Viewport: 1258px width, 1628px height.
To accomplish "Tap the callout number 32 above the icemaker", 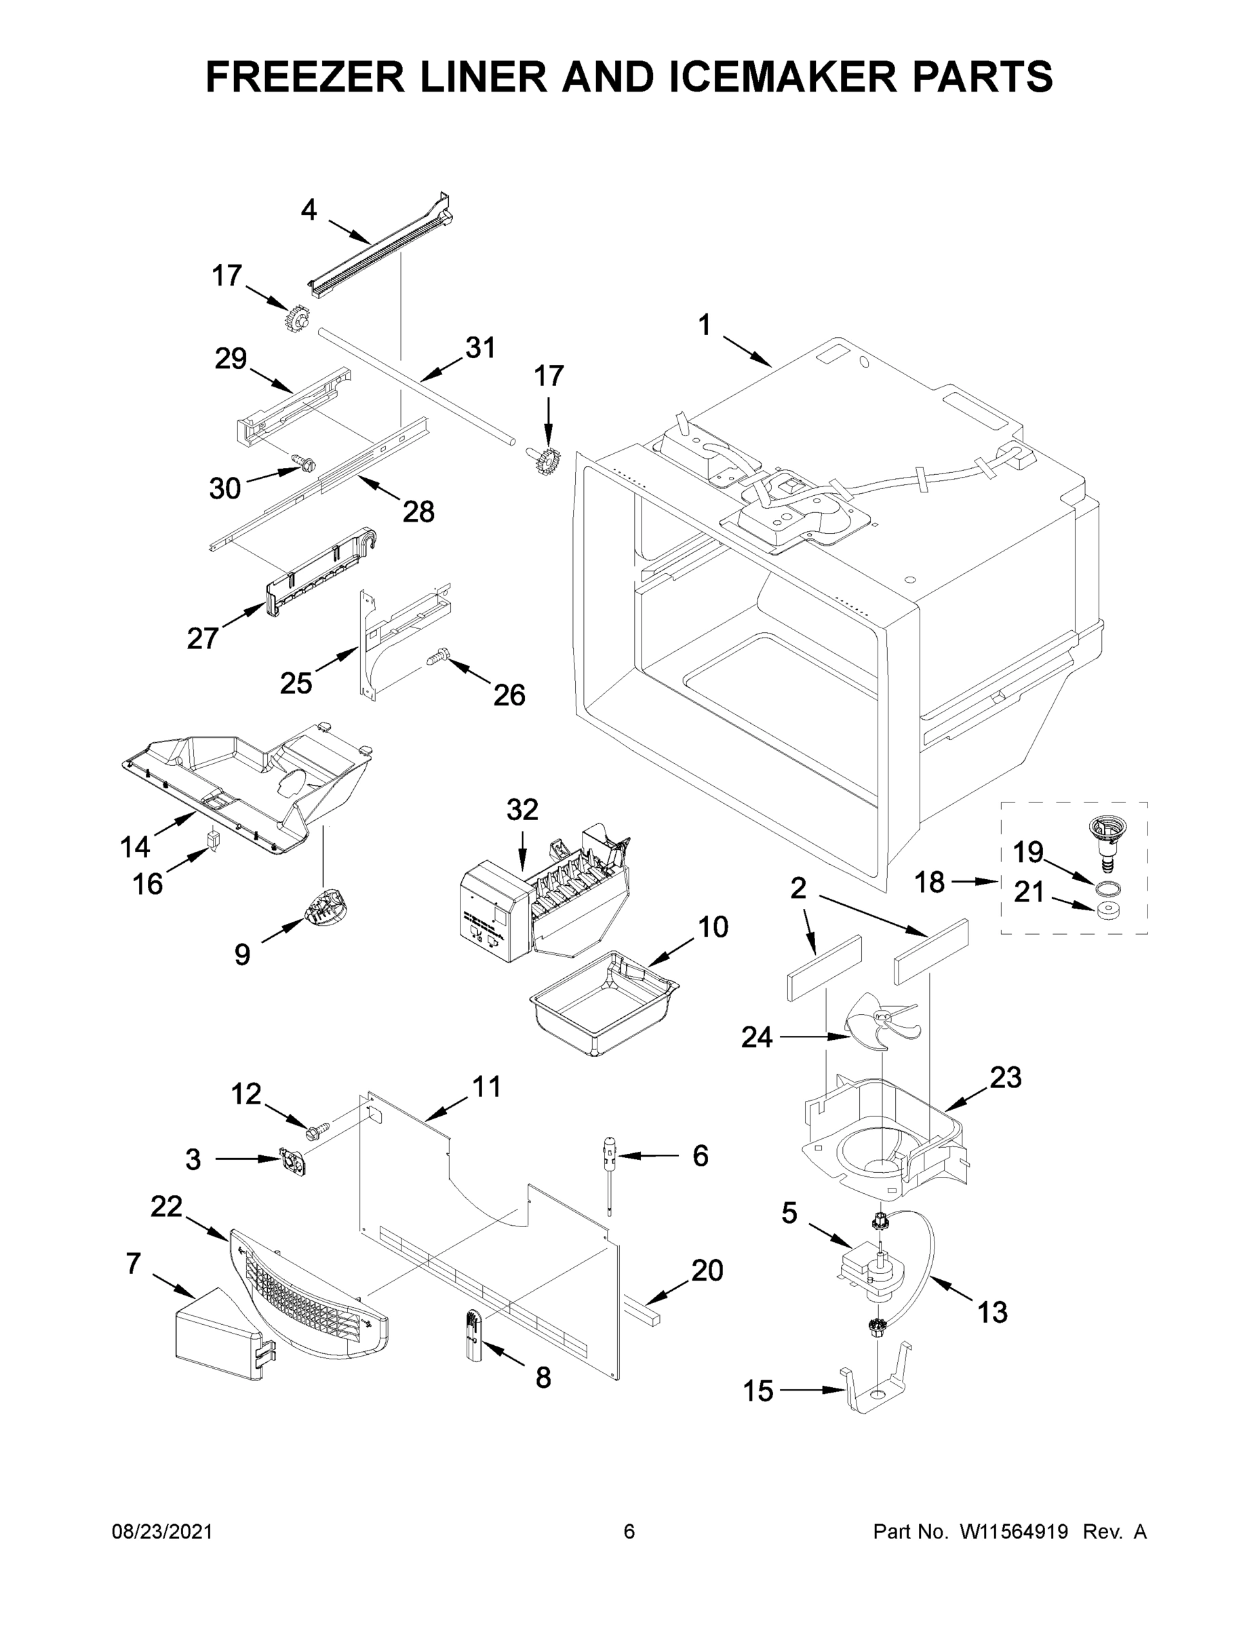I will click(522, 809).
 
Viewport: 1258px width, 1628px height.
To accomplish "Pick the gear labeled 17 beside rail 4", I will click(296, 319).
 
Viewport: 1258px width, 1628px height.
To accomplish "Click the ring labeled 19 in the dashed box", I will click(1108, 887).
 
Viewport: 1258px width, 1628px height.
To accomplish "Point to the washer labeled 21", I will click(1108, 910).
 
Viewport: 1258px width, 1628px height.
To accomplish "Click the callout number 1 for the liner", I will click(704, 326).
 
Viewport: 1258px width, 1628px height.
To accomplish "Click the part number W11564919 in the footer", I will click(1014, 1532).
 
